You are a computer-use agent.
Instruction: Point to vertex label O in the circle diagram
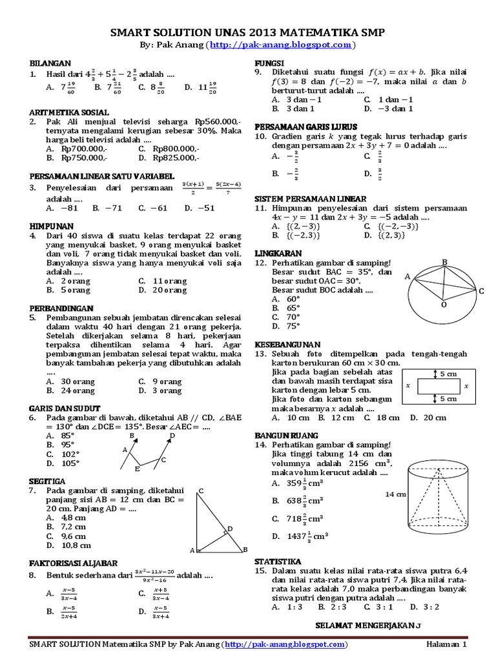click(444, 303)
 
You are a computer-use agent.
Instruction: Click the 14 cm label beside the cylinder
click(395, 494)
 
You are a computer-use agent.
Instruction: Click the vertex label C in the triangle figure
click(201, 492)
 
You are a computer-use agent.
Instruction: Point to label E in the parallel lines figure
click(136, 468)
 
